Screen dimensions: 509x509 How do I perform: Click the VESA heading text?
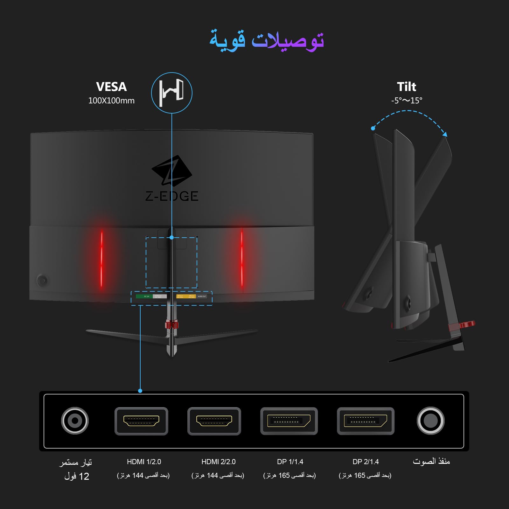pyautogui.click(x=111, y=87)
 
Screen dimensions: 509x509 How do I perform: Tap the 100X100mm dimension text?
pyautogui.click(x=111, y=101)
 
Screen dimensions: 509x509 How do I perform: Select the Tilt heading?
pyautogui.click(x=407, y=87)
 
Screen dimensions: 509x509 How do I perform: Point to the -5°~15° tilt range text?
pyautogui.click(x=407, y=101)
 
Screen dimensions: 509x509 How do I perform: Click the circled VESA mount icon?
pyautogui.click(x=171, y=93)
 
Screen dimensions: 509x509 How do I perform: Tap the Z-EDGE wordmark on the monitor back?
pyautogui.click(x=172, y=196)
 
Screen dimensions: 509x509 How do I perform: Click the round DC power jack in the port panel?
pyautogui.click(x=75, y=421)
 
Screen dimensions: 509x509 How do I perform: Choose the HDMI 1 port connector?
pyautogui.click(x=141, y=421)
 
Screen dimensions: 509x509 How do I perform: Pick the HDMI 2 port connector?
pyautogui.click(x=214, y=421)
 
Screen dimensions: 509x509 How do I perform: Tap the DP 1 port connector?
pyautogui.click(x=289, y=421)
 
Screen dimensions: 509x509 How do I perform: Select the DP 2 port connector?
pyautogui.click(x=366, y=421)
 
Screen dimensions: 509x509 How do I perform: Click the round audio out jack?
pyautogui.click(x=430, y=421)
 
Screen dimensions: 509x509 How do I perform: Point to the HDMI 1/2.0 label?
pyautogui.click(x=144, y=462)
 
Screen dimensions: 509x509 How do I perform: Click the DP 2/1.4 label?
pyautogui.click(x=366, y=462)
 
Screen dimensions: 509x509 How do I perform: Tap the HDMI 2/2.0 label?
pyautogui.click(x=219, y=462)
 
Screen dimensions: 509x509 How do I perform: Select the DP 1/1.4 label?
pyautogui.click(x=290, y=462)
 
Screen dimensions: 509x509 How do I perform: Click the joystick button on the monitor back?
pyautogui.click(x=42, y=281)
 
